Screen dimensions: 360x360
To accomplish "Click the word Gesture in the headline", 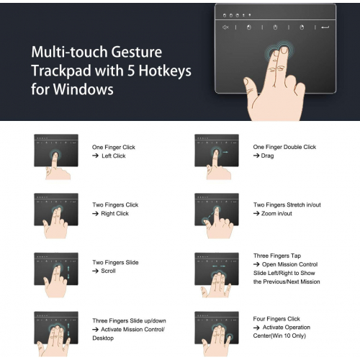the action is coord(137,53).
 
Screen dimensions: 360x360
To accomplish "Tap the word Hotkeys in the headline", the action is coord(165,71).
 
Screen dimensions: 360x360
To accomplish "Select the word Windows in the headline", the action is coord(83,89).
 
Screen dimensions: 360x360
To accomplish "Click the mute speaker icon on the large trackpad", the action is coord(225,27).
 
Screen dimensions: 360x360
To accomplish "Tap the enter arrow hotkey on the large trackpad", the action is coord(325,27).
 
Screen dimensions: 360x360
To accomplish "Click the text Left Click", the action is coord(114,156).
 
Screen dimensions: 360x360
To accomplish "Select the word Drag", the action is coord(267,156).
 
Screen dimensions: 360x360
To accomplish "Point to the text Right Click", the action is coord(114,214).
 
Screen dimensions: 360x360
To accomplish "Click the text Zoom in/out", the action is coord(276,214).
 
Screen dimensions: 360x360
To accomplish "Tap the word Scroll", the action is coord(108,271).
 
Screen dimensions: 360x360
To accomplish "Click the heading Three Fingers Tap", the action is coord(277,256).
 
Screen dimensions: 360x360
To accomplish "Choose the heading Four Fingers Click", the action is coord(276,319).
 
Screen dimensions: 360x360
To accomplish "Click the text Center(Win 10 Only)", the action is coord(279,336).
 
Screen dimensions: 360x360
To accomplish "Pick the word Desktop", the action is coord(103,338).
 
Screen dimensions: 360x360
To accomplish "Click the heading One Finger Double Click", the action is coord(284,147).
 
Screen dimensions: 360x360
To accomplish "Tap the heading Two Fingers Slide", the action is coord(115,262).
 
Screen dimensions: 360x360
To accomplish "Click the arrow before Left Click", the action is coord(95,156).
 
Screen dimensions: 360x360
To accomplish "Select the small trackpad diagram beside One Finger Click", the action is coord(56,150).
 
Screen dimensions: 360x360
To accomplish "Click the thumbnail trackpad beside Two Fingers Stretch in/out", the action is coord(217,210).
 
